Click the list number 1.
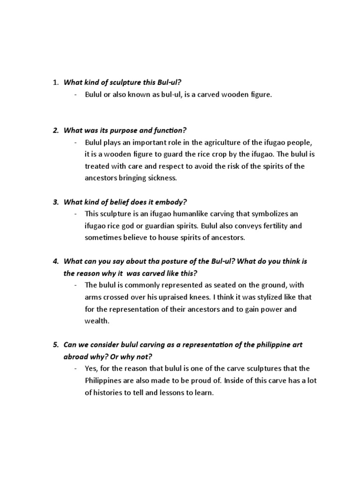[55, 82]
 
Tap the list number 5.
[55, 345]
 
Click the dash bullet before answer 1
[76, 95]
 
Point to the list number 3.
[55, 202]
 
